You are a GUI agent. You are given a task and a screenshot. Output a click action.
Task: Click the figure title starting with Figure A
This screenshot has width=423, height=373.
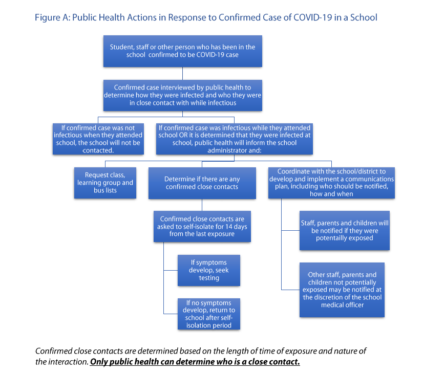pos(205,17)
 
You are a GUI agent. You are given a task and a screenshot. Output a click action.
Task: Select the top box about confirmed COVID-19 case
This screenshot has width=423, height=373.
pos(182,51)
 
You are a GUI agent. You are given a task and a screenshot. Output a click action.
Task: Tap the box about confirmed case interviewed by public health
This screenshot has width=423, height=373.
pos(182,95)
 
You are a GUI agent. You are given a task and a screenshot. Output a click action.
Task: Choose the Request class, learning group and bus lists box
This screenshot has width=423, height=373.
pos(105,183)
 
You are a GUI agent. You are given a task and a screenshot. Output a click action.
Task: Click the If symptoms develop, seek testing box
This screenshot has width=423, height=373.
pos(209,270)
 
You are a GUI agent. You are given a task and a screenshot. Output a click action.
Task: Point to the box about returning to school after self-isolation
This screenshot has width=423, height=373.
pos(209,314)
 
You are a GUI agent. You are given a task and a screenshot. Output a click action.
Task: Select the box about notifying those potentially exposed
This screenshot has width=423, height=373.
pos(344,230)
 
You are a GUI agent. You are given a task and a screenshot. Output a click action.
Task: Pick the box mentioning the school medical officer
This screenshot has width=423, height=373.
pos(342,290)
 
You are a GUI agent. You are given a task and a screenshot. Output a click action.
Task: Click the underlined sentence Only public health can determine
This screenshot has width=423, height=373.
pos(195,362)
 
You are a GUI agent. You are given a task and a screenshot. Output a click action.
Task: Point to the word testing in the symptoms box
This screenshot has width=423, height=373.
pos(209,278)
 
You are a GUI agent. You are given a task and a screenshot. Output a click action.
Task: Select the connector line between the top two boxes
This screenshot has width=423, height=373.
pos(182,73)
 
